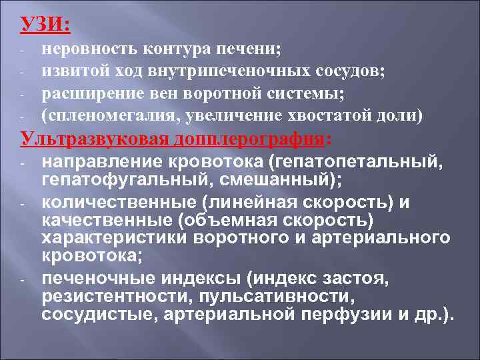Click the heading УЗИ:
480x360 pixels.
point(44,25)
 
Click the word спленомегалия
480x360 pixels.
point(110,116)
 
